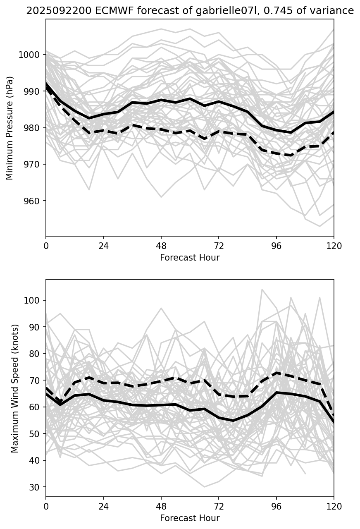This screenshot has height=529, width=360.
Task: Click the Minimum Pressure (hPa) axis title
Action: click(x=10, y=128)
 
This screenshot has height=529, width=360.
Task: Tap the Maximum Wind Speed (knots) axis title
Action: click(x=15, y=388)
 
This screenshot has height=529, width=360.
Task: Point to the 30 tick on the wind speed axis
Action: click(x=37, y=487)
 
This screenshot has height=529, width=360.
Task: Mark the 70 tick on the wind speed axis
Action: click(x=37, y=380)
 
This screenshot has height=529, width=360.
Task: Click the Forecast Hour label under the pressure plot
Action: click(x=190, y=258)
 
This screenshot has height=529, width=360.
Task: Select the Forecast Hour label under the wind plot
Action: click(x=190, y=518)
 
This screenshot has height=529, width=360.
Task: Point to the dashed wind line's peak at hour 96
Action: click(x=277, y=373)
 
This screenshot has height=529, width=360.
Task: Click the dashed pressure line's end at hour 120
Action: click(x=334, y=132)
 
